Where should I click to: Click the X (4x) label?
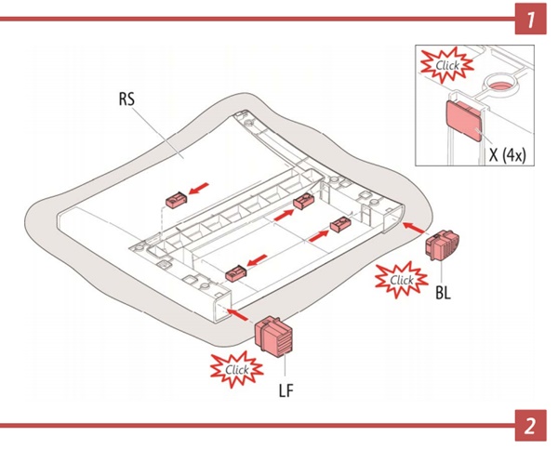coord(508,156)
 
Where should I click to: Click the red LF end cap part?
coord(274,335)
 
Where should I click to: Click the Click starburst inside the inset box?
coord(444,65)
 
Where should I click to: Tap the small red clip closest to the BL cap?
coord(340,224)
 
